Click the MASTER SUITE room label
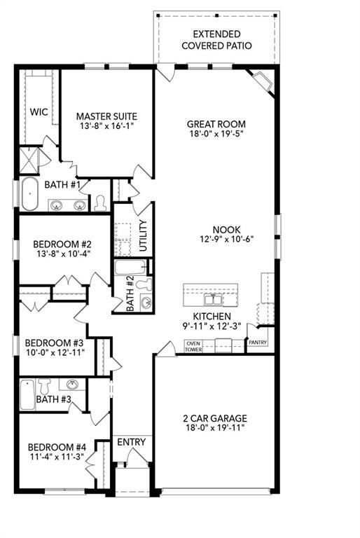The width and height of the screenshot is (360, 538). pyautogui.click(x=106, y=116)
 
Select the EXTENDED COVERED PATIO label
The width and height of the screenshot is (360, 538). pyautogui.click(x=216, y=40)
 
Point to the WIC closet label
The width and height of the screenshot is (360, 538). pyautogui.click(x=38, y=111)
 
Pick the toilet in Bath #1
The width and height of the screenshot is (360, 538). pyautogui.click(x=99, y=202)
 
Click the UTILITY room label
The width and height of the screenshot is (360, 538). pyautogui.click(x=143, y=236)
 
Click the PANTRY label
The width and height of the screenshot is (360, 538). pyautogui.click(x=257, y=343)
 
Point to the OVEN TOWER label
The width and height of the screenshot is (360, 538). pyautogui.click(x=193, y=345)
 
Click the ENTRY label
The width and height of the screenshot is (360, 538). pyautogui.click(x=131, y=442)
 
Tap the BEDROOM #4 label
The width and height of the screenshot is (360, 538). pyautogui.click(x=57, y=447)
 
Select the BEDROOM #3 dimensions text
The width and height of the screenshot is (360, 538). pyautogui.click(x=55, y=353)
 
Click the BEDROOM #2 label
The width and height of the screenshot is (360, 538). pyautogui.click(x=63, y=244)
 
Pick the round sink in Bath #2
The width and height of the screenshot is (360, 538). pyautogui.click(x=146, y=303)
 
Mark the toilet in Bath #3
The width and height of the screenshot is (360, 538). pyautogui.click(x=46, y=386)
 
